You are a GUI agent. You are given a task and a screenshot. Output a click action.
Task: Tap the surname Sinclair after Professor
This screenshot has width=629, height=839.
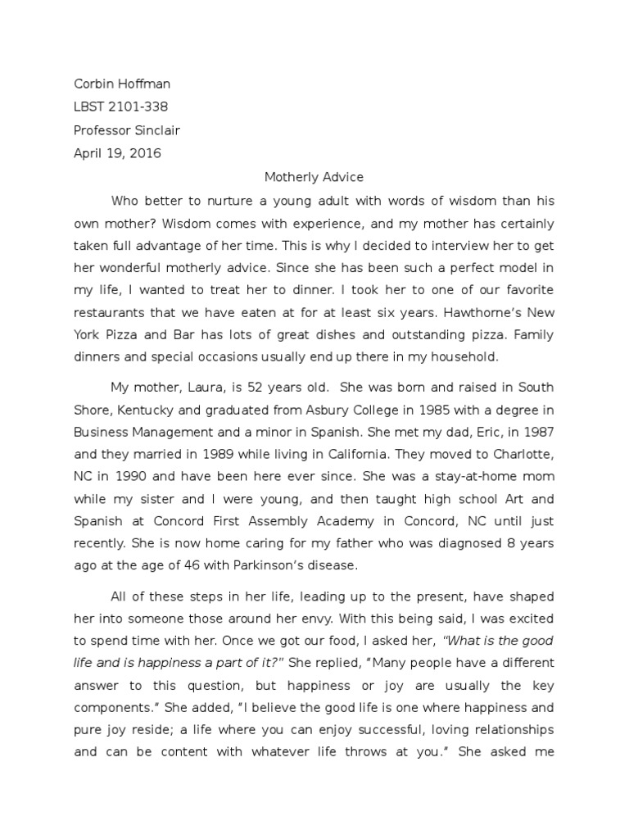pyautogui.click(x=156, y=130)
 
